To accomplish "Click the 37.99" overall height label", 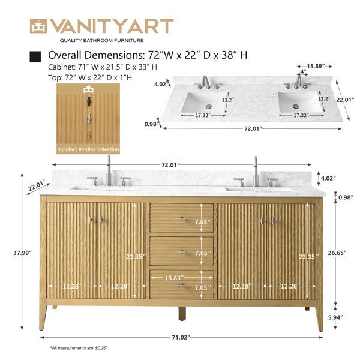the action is (22, 253).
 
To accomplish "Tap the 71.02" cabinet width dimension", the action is (181, 337).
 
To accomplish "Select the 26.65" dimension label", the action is (337, 253).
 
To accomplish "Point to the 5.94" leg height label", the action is (335, 317).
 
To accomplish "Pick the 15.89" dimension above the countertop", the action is (316, 66).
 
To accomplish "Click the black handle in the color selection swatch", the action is (89, 101).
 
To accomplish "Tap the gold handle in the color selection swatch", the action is (89, 136).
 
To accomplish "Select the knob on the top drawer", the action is (182, 218).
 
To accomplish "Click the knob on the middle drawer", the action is (182, 252).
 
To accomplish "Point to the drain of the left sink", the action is (209, 106).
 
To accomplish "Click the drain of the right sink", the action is (295, 106).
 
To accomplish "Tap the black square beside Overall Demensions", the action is (35, 56).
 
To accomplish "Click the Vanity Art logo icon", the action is (38, 26).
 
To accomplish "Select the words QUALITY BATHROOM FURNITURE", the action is (102, 40).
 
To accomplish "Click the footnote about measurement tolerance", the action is (79, 348).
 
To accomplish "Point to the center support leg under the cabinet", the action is (182, 314).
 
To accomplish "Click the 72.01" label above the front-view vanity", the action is (170, 164).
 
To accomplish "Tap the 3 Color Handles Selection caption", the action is (88, 149).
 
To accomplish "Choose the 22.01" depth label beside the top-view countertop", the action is (346, 100).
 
